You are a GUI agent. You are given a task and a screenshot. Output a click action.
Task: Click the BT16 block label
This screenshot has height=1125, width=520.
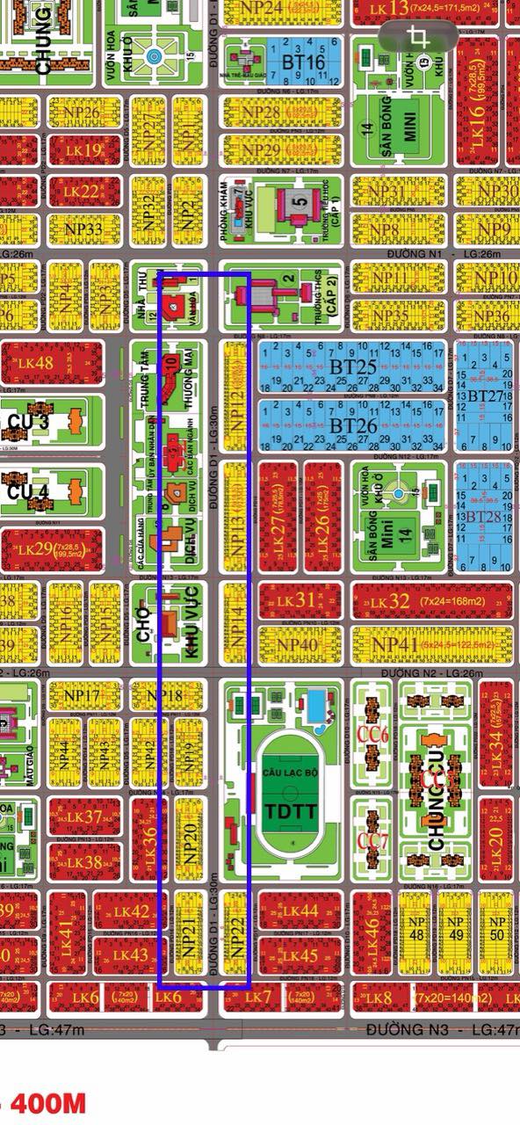coord(304,63)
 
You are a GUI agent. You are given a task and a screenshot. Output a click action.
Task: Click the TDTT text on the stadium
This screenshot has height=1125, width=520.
coord(291,809)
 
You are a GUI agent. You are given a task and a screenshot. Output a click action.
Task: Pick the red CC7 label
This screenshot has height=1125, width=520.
coord(372,841)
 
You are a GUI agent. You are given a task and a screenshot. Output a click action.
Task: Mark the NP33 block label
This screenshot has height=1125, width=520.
coord(83,229)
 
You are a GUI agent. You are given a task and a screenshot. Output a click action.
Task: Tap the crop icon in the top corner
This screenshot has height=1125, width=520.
coord(419,37)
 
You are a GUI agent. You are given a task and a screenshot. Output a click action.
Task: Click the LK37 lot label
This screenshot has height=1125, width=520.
coord(83,817)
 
